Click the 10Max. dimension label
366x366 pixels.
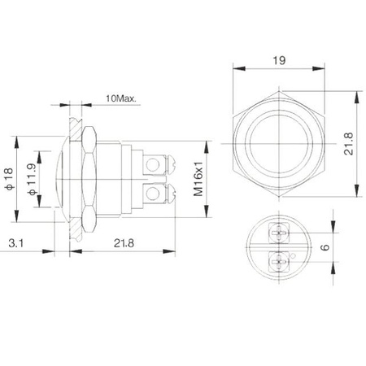[x=120, y=98]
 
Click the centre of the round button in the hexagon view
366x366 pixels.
[x=281, y=144]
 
